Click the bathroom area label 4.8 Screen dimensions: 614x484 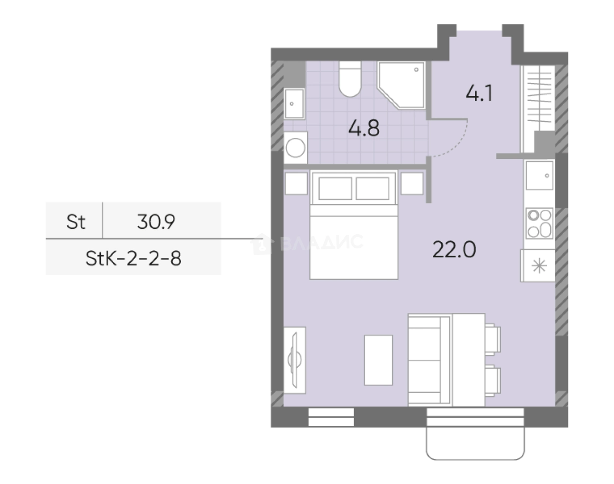(364, 128)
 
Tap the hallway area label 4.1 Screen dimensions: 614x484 (479, 93)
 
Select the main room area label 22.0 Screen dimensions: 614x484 (454, 249)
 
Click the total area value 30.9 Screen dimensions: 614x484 (156, 221)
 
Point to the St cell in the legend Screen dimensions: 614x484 (75, 221)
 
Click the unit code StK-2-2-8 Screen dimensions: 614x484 (134, 258)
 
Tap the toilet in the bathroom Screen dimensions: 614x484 (350, 79)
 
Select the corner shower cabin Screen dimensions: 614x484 (401, 85)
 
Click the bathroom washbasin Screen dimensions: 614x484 (294, 103)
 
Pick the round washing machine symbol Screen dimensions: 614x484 (295, 148)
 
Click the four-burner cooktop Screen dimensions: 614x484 (539, 223)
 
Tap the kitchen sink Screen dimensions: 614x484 (539, 175)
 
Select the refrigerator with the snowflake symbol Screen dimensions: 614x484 (538, 266)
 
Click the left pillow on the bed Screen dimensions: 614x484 (335, 188)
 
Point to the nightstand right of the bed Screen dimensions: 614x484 (412, 183)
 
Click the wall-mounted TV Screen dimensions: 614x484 (295, 360)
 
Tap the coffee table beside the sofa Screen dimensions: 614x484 (378, 360)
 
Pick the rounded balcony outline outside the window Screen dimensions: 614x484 (475, 447)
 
